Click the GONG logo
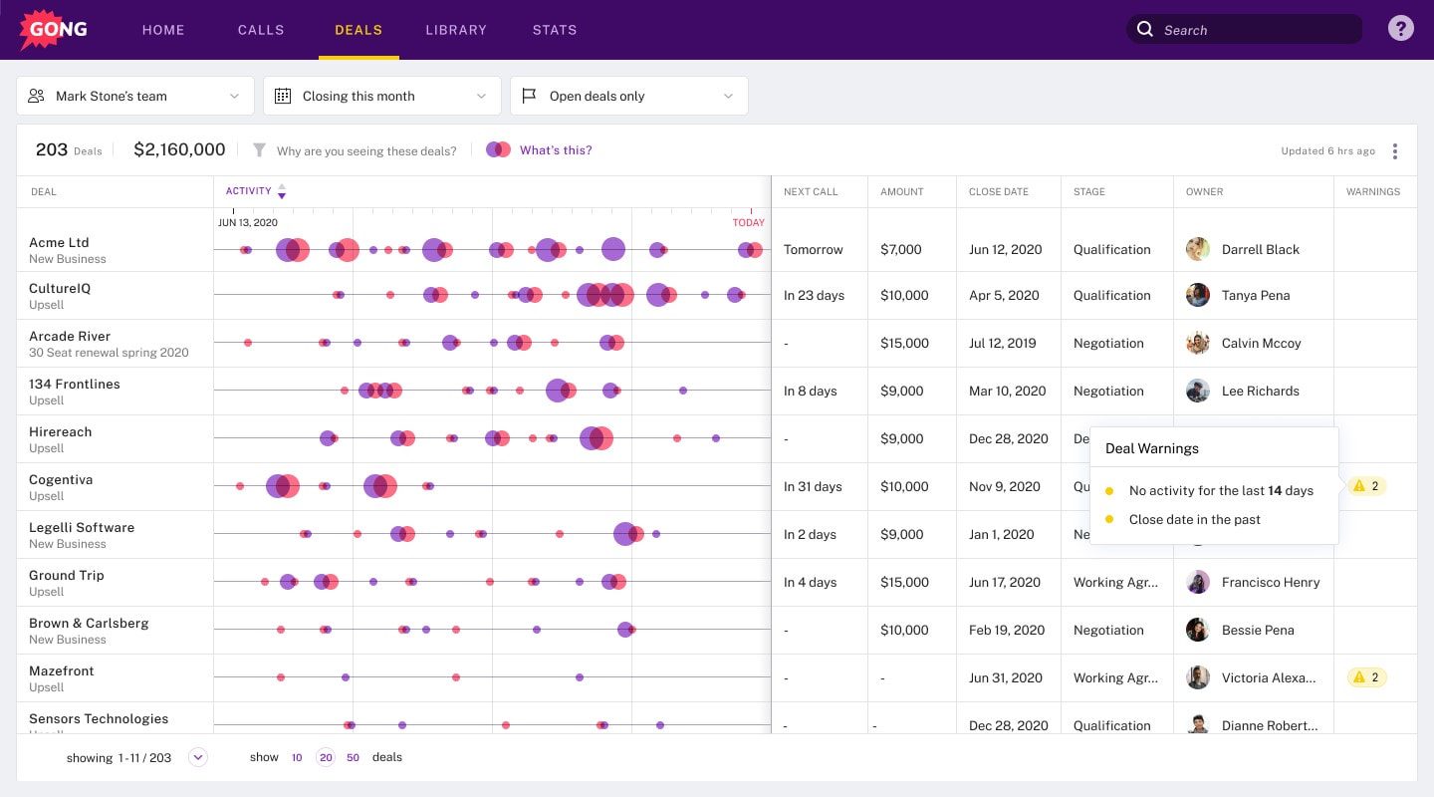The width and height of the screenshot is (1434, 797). tap(54, 30)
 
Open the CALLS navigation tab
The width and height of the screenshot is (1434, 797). tap(261, 30)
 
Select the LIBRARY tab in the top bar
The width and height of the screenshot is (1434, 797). tap(456, 30)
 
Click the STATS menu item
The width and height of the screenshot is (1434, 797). tap(555, 30)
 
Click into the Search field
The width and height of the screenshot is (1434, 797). tap(1255, 30)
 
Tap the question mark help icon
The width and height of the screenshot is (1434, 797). tap(1400, 29)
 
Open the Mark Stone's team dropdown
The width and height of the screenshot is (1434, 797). tap(135, 97)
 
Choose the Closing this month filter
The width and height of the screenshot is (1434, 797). tap(382, 97)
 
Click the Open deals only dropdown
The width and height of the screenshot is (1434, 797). tap(628, 97)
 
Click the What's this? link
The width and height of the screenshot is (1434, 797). tap(556, 150)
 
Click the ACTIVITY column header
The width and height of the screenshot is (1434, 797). tap(249, 191)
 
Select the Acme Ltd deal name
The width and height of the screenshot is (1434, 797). tap(59, 242)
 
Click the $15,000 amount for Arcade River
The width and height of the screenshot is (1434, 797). tap(904, 344)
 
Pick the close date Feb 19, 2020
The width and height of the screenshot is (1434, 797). tap(1007, 631)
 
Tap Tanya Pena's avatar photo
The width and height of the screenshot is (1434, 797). tap(1198, 296)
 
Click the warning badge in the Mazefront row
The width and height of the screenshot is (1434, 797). tap(1366, 677)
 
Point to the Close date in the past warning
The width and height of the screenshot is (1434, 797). tap(1194, 520)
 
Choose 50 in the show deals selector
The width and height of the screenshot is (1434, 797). tap(353, 758)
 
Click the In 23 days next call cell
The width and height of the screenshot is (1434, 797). tap(814, 296)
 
